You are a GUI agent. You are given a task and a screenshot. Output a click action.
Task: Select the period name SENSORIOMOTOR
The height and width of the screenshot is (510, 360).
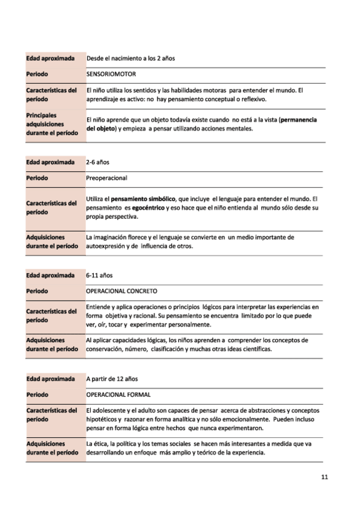coord(111,74)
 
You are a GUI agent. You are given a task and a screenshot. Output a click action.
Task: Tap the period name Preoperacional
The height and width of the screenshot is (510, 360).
coord(107,178)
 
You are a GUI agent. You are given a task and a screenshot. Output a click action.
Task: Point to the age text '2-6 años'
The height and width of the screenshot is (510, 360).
coord(98,162)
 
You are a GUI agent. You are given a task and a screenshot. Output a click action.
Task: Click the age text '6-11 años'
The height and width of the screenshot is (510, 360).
coord(100,275)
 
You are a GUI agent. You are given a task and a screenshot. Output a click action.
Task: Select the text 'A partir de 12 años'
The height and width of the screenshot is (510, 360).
coord(112,379)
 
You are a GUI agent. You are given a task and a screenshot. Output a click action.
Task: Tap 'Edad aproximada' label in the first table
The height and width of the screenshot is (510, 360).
coord(50,58)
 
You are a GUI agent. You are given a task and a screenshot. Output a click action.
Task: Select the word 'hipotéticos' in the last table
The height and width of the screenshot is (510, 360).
coord(103,419)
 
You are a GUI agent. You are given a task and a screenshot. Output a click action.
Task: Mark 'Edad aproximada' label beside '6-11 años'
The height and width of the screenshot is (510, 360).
coord(50,275)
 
